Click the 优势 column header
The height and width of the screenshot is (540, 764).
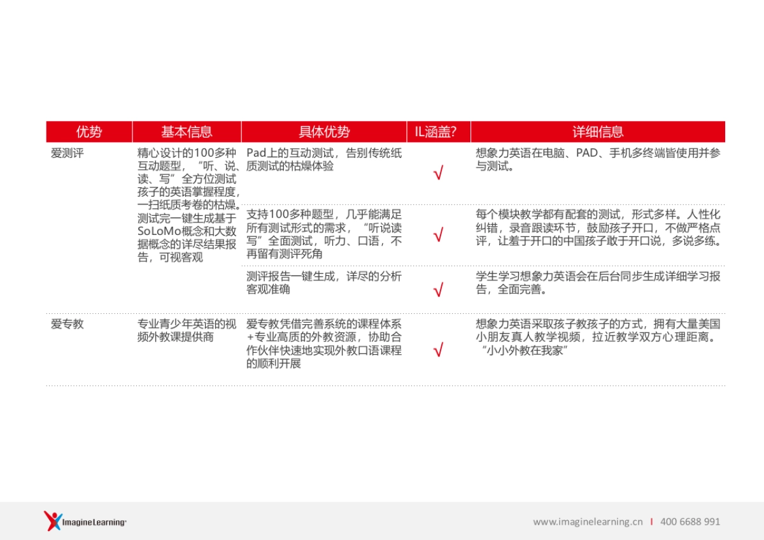(88, 132)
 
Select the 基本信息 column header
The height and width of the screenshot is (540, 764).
(187, 132)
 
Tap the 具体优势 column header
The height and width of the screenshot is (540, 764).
(324, 132)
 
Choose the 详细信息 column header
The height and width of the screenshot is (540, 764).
(598, 132)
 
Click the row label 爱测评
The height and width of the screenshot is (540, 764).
(67, 153)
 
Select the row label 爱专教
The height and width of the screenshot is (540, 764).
(67, 324)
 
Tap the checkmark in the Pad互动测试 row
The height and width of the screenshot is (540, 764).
(438, 173)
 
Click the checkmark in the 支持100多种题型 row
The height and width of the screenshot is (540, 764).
(438, 236)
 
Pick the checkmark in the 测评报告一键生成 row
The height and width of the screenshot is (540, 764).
(438, 290)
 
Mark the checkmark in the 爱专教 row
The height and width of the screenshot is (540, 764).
(438, 350)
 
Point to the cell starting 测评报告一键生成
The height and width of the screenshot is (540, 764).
(323, 283)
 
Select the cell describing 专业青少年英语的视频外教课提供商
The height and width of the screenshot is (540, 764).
(187, 330)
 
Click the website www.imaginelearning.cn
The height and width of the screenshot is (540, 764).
(588, 522)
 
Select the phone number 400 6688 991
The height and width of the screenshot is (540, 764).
(690, 522)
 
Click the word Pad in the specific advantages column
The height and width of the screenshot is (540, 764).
(255, 153)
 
